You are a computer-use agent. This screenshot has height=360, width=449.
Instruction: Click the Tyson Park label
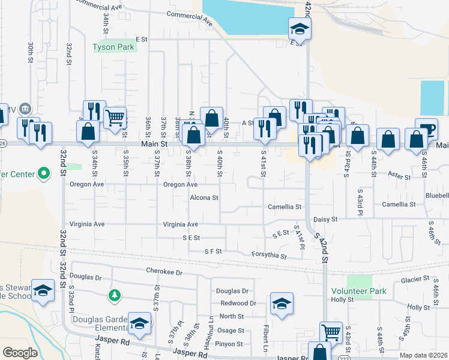pos(113,47)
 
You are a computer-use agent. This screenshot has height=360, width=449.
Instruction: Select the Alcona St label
pos(204,197)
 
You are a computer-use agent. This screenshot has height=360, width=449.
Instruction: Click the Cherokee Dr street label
pos(164,271)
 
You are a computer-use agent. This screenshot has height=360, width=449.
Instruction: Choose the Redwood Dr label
pos(238,304)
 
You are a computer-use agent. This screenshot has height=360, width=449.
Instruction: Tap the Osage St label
pos(231,331)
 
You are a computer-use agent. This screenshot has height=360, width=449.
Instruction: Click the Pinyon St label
pos(231,344)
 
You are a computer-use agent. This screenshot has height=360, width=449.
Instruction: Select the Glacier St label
pos(415,280)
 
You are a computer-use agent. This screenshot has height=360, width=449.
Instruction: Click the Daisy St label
pos(326,220)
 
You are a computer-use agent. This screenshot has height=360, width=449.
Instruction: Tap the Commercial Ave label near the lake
pos(190,18)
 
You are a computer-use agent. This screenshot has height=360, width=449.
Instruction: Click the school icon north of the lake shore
pos(298,28)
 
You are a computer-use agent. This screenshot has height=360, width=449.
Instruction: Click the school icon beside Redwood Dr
pos(281,304)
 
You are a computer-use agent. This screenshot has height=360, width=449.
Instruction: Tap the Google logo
pos(20,353)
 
